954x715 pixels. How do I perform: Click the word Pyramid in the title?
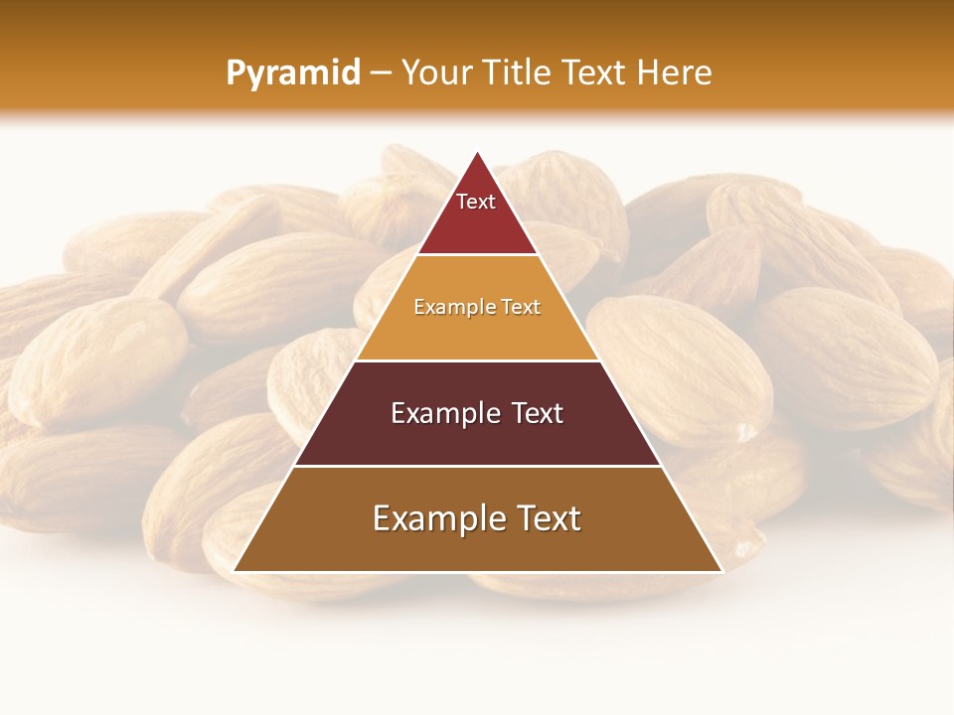click(x=292, y=73)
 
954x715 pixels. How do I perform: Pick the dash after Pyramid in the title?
click(x=380, y=73)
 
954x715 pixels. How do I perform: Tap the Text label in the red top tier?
click(x=476, y=202)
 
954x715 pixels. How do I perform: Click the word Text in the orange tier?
click(x=521, y=307)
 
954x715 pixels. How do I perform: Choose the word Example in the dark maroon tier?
click(x=443, y=413)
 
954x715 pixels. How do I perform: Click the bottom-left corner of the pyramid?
click(x=235, y=571)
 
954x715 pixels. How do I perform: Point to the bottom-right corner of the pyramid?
click(x=721, y=571)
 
